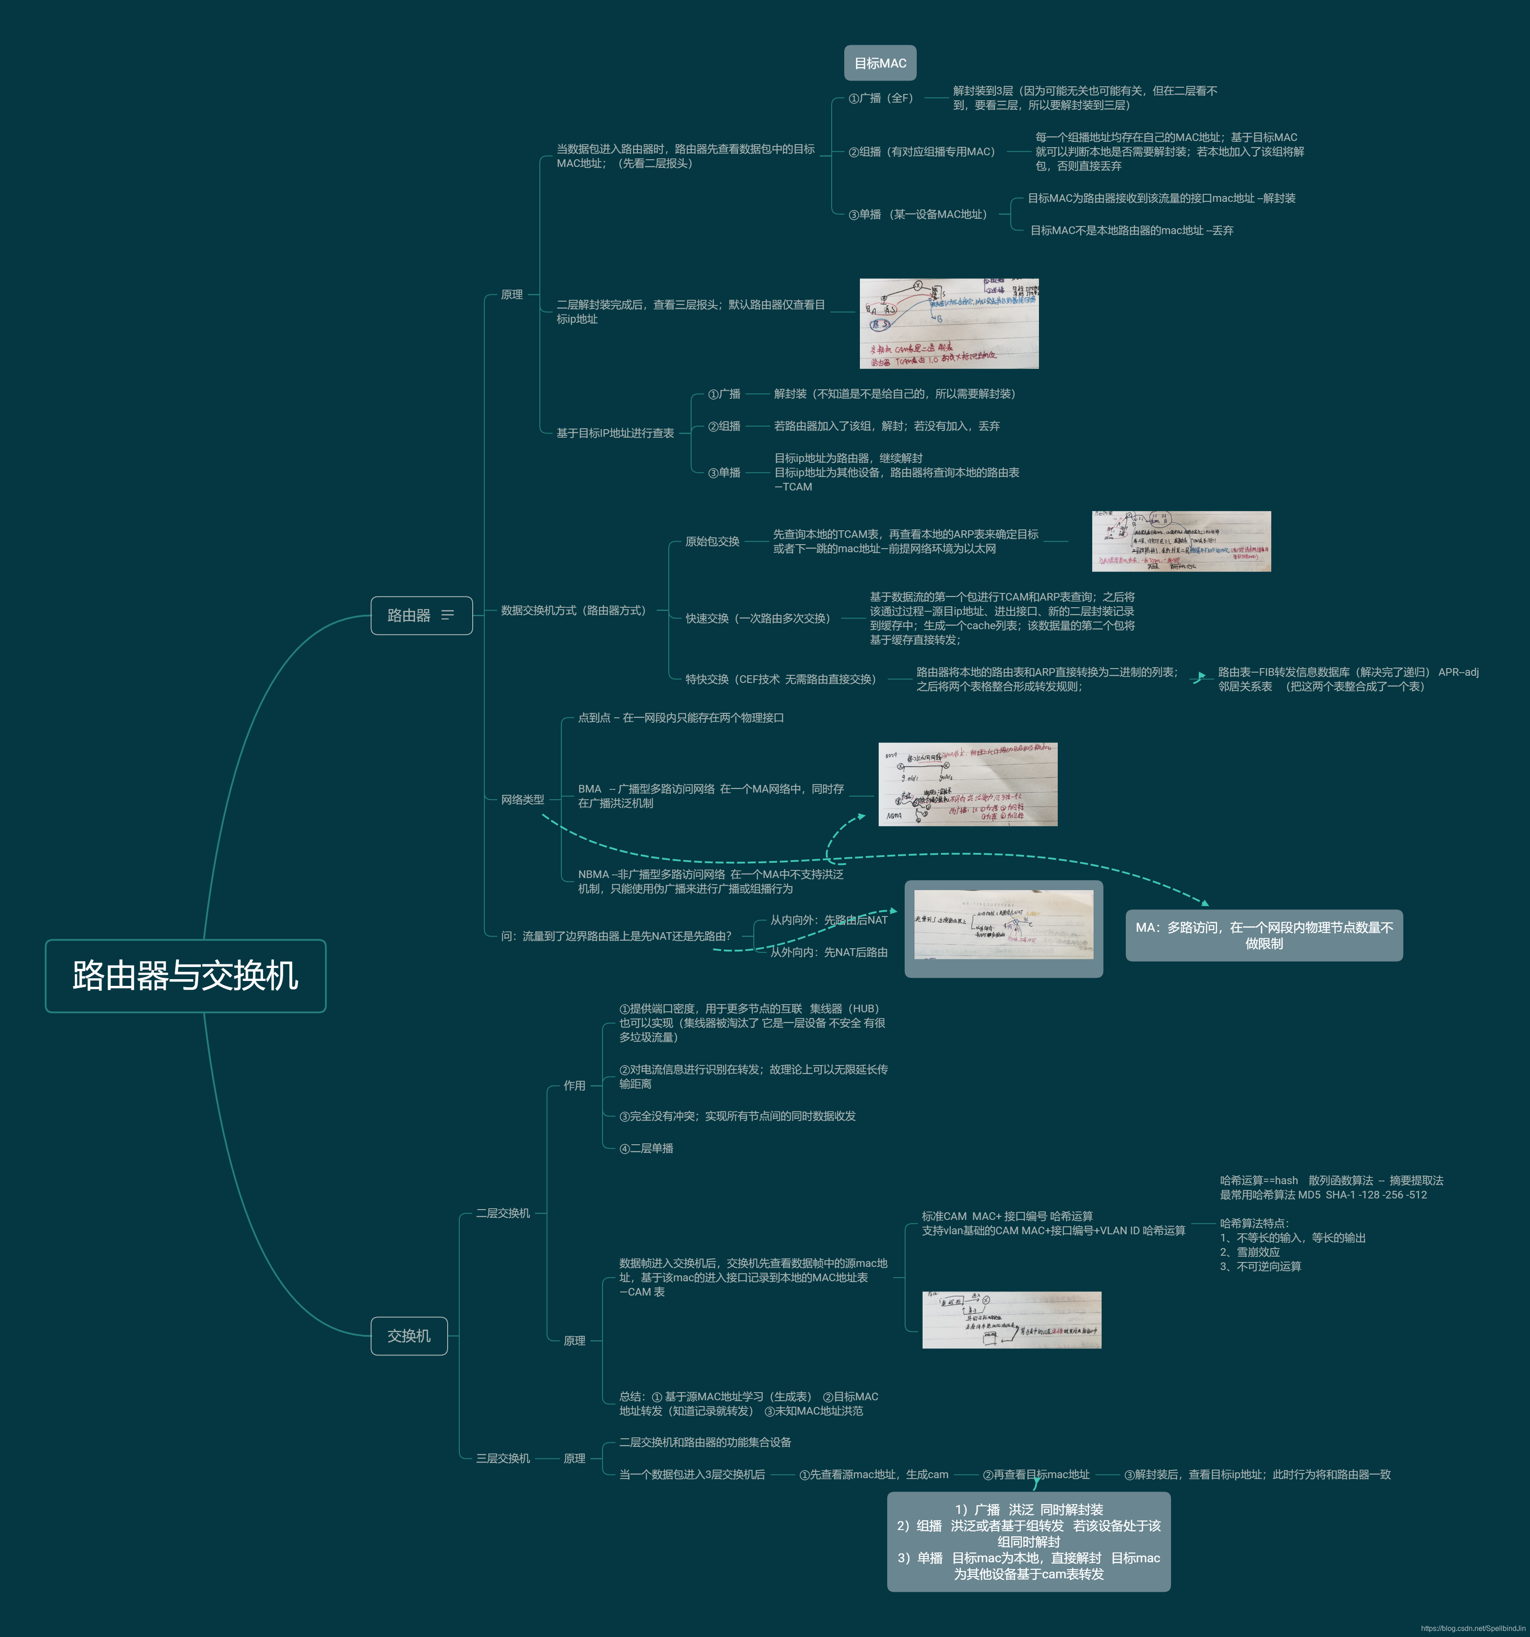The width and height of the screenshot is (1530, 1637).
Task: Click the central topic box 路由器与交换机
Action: [x=185, y=976]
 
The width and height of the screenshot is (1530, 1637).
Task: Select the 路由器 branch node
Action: [x=409, y=615]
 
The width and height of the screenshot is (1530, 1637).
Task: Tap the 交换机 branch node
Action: [x=409, y=1336]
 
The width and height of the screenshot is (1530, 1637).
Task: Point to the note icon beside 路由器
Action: [x=448, y=615]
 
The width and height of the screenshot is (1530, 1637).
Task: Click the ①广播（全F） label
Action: [x=881, y=98]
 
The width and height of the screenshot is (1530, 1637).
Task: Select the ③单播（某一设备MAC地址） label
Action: [x=917, y=214]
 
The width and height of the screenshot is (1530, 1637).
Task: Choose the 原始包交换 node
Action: [x=712, y=541]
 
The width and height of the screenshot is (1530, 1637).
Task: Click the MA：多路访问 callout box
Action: [x=1264, y=935]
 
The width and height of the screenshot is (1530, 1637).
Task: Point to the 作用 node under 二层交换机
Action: [x=574, y=1085]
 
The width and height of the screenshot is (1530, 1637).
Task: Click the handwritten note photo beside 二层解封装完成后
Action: [x=949, y=324]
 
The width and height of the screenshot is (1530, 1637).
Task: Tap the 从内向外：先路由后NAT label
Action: [x=829, y=920]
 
